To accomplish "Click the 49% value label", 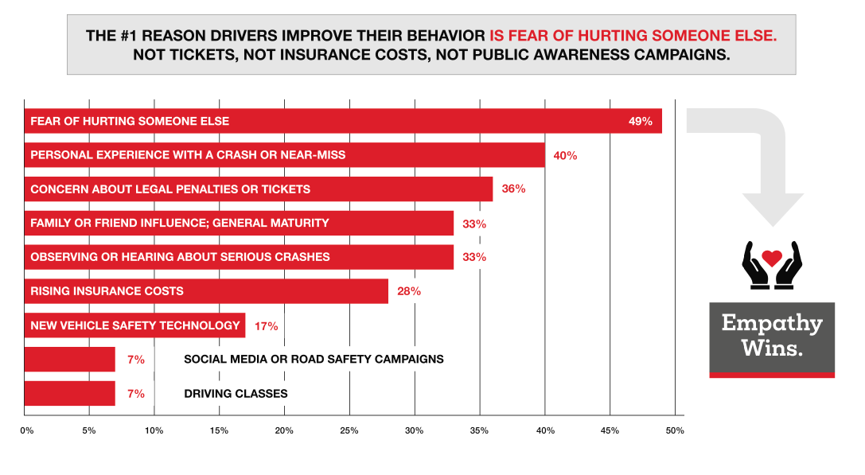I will tap(641, 122).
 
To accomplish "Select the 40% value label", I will tap(565, 156).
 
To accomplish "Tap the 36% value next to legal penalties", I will tap(513, 189).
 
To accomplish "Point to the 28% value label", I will tap(408, 291).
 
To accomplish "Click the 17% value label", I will tap(266, 325).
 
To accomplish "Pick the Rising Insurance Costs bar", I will tap(206, 291).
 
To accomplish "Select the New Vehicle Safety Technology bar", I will tap(134, 325).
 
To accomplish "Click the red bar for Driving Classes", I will tap(70, 393).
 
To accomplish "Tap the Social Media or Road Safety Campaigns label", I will tap(314, 359).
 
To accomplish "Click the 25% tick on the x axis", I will tap(349, 430).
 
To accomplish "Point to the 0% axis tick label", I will tap(26, 430).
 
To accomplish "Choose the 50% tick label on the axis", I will tap(676, 430).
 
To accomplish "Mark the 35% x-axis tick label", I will tap(479, 430).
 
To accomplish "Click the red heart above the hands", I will tap(771, 258).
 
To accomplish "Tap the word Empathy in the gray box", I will tap(771, 323).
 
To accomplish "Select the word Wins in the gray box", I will tap(771, 348).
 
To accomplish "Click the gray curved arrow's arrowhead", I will tap(771, 207).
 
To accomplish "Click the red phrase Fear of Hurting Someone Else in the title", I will tap(633, 36).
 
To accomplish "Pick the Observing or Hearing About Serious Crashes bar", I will tap(239, 257).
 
